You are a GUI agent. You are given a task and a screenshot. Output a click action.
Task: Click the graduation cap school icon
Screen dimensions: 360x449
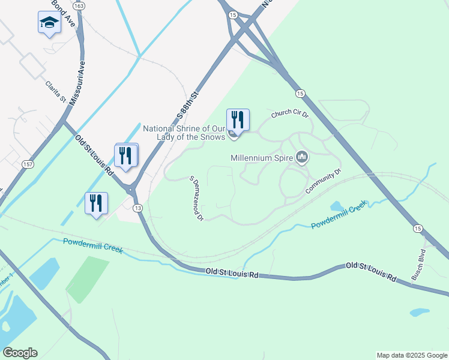pyautogui.click(x=49, y=23)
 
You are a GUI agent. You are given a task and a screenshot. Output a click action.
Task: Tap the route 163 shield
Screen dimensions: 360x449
pyautogui.click(x=80, y=5)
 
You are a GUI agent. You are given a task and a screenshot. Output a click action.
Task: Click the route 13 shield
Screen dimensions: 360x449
pyautogui.click(x=138, y=208)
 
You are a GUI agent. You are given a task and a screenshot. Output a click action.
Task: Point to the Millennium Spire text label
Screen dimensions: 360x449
pyautogui.click(x=262, y=158)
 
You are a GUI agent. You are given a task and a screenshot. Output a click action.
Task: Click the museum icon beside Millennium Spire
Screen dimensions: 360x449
pyautogui.click(x=302, y=158)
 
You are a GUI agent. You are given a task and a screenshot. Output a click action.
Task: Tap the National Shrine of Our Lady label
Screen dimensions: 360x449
pyautogui.click(x=183, y=133)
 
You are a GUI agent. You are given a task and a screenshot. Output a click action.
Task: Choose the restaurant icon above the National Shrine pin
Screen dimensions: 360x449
pyautogui.click(x=238, y=119)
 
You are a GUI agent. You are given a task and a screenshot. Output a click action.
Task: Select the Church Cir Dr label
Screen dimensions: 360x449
pyautogui.click(x=289, y=113)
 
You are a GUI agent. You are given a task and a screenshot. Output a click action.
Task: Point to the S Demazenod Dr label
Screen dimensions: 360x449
pyautogui.click(x=196, y=199)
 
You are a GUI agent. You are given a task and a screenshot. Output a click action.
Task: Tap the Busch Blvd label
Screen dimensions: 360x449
pyautogui.click(x=418, y=265)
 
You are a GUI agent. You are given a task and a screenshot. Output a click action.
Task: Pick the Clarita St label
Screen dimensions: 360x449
pyautogui.click(x=55, y=92)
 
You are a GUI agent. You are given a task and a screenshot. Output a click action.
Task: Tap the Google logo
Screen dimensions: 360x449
pyautogui.click(x=20, y=353)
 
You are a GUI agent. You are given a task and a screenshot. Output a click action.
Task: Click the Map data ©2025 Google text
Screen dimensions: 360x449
pyautogui.click(x=411, y=355)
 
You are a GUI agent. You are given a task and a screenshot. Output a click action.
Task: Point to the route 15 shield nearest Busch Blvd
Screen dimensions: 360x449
pyautogui.click(x=418, y=229)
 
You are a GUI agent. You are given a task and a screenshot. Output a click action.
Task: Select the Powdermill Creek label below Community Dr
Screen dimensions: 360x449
pyautogui.click(x=338, y=216)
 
